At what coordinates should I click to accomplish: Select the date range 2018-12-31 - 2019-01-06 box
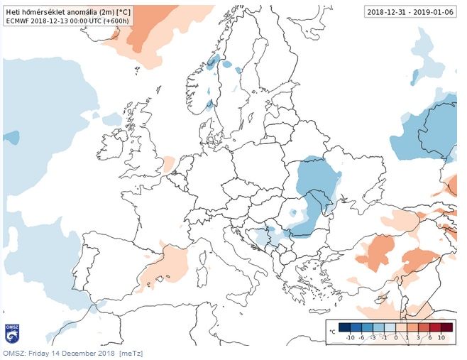pos(411,11)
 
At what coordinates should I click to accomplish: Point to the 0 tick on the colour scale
pos(405,339)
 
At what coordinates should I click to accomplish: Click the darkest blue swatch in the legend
pos(344,328)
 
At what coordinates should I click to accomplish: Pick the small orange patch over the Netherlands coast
pos(168,164)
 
